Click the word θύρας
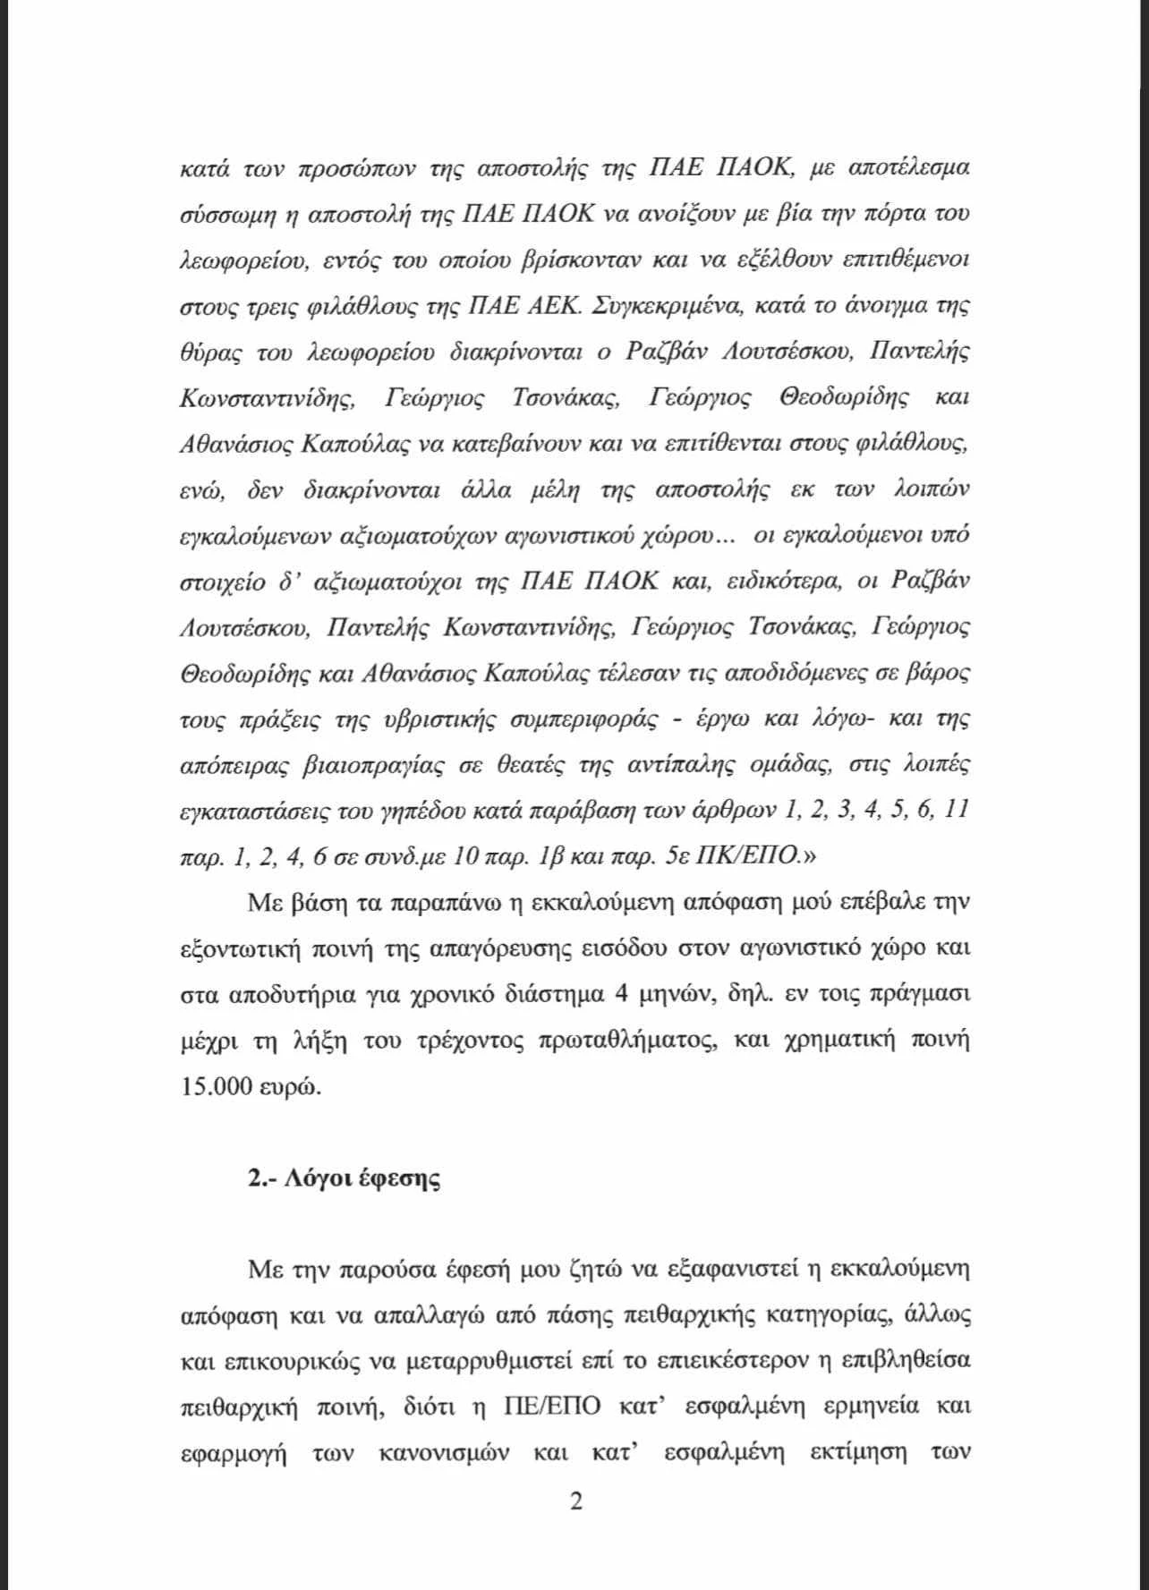(x=210, y=353)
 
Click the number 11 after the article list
(x=957, y=810)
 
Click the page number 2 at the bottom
(x=575, y=1501)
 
